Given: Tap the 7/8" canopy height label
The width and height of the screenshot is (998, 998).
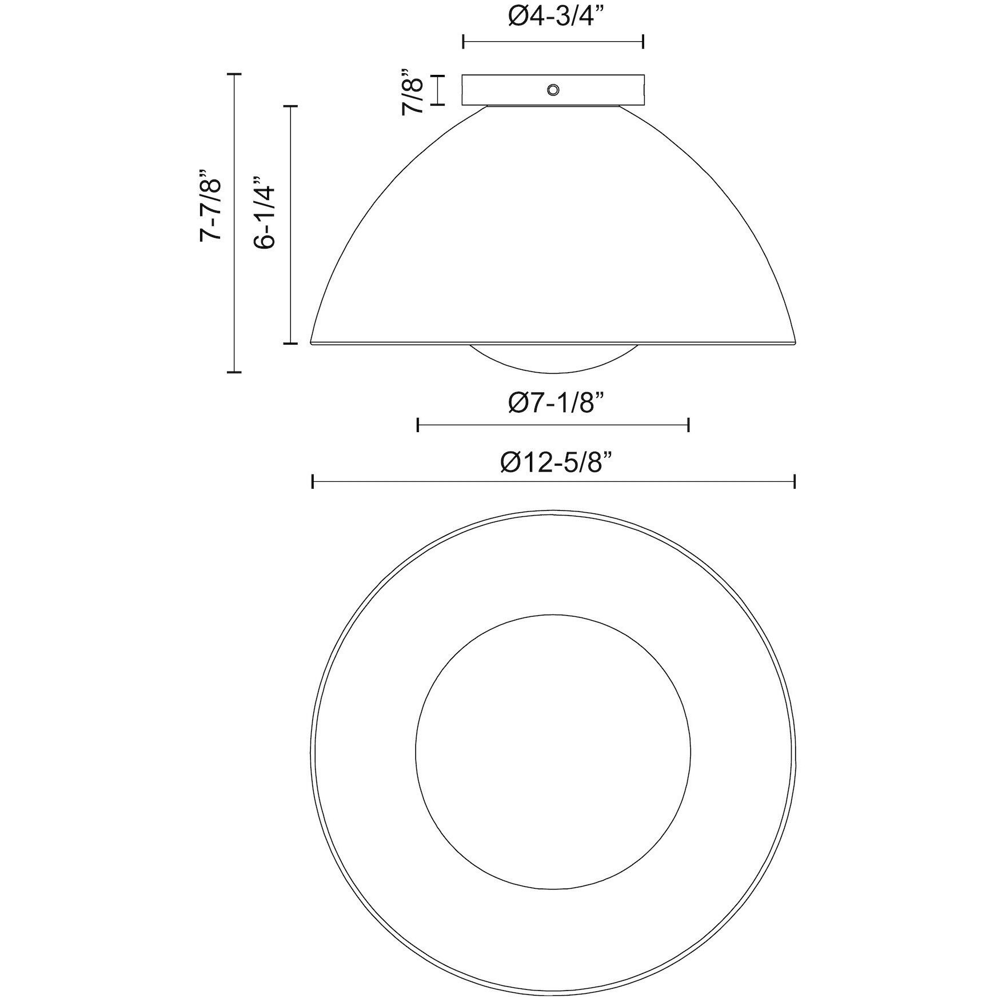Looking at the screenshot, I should point(413,91).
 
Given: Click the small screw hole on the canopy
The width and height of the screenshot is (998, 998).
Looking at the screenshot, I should point(553,90).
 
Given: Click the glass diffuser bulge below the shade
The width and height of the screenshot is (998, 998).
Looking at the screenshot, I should point(553,359).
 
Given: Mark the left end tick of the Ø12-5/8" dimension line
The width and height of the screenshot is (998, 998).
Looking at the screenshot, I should point(313,481).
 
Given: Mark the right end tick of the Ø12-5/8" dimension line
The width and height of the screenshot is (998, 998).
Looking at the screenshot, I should point(795,481).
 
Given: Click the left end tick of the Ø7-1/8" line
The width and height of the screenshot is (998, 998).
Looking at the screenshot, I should point(418,425).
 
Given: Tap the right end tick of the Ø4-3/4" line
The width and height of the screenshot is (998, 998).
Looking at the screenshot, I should point(644,41).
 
